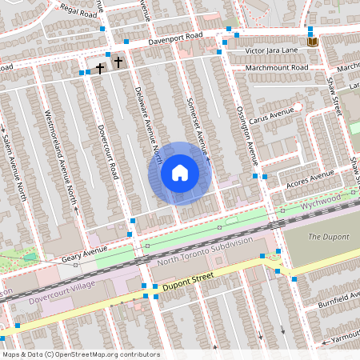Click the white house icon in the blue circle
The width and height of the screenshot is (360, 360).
click(180, 173)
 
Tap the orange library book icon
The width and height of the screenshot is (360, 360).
click(312, 42)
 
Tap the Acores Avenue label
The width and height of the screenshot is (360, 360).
click(310, 179)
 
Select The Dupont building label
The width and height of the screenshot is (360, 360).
click(329, 237)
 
